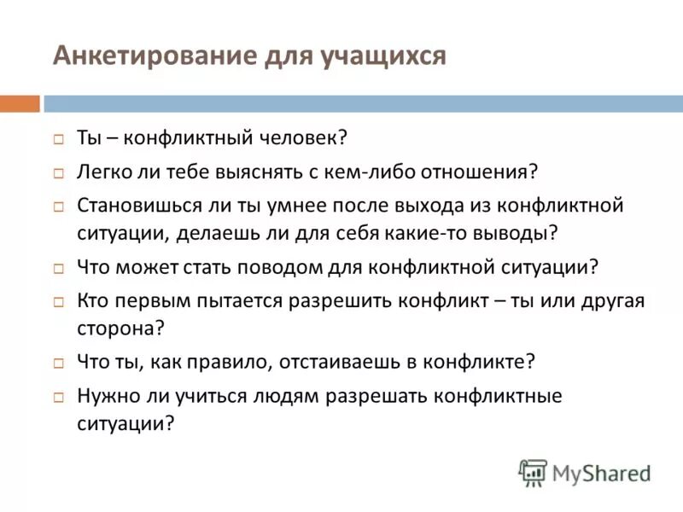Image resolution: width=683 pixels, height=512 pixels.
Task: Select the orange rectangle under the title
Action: (x=20, y=103)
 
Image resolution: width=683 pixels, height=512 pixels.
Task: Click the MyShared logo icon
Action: (x=533, y=472)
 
